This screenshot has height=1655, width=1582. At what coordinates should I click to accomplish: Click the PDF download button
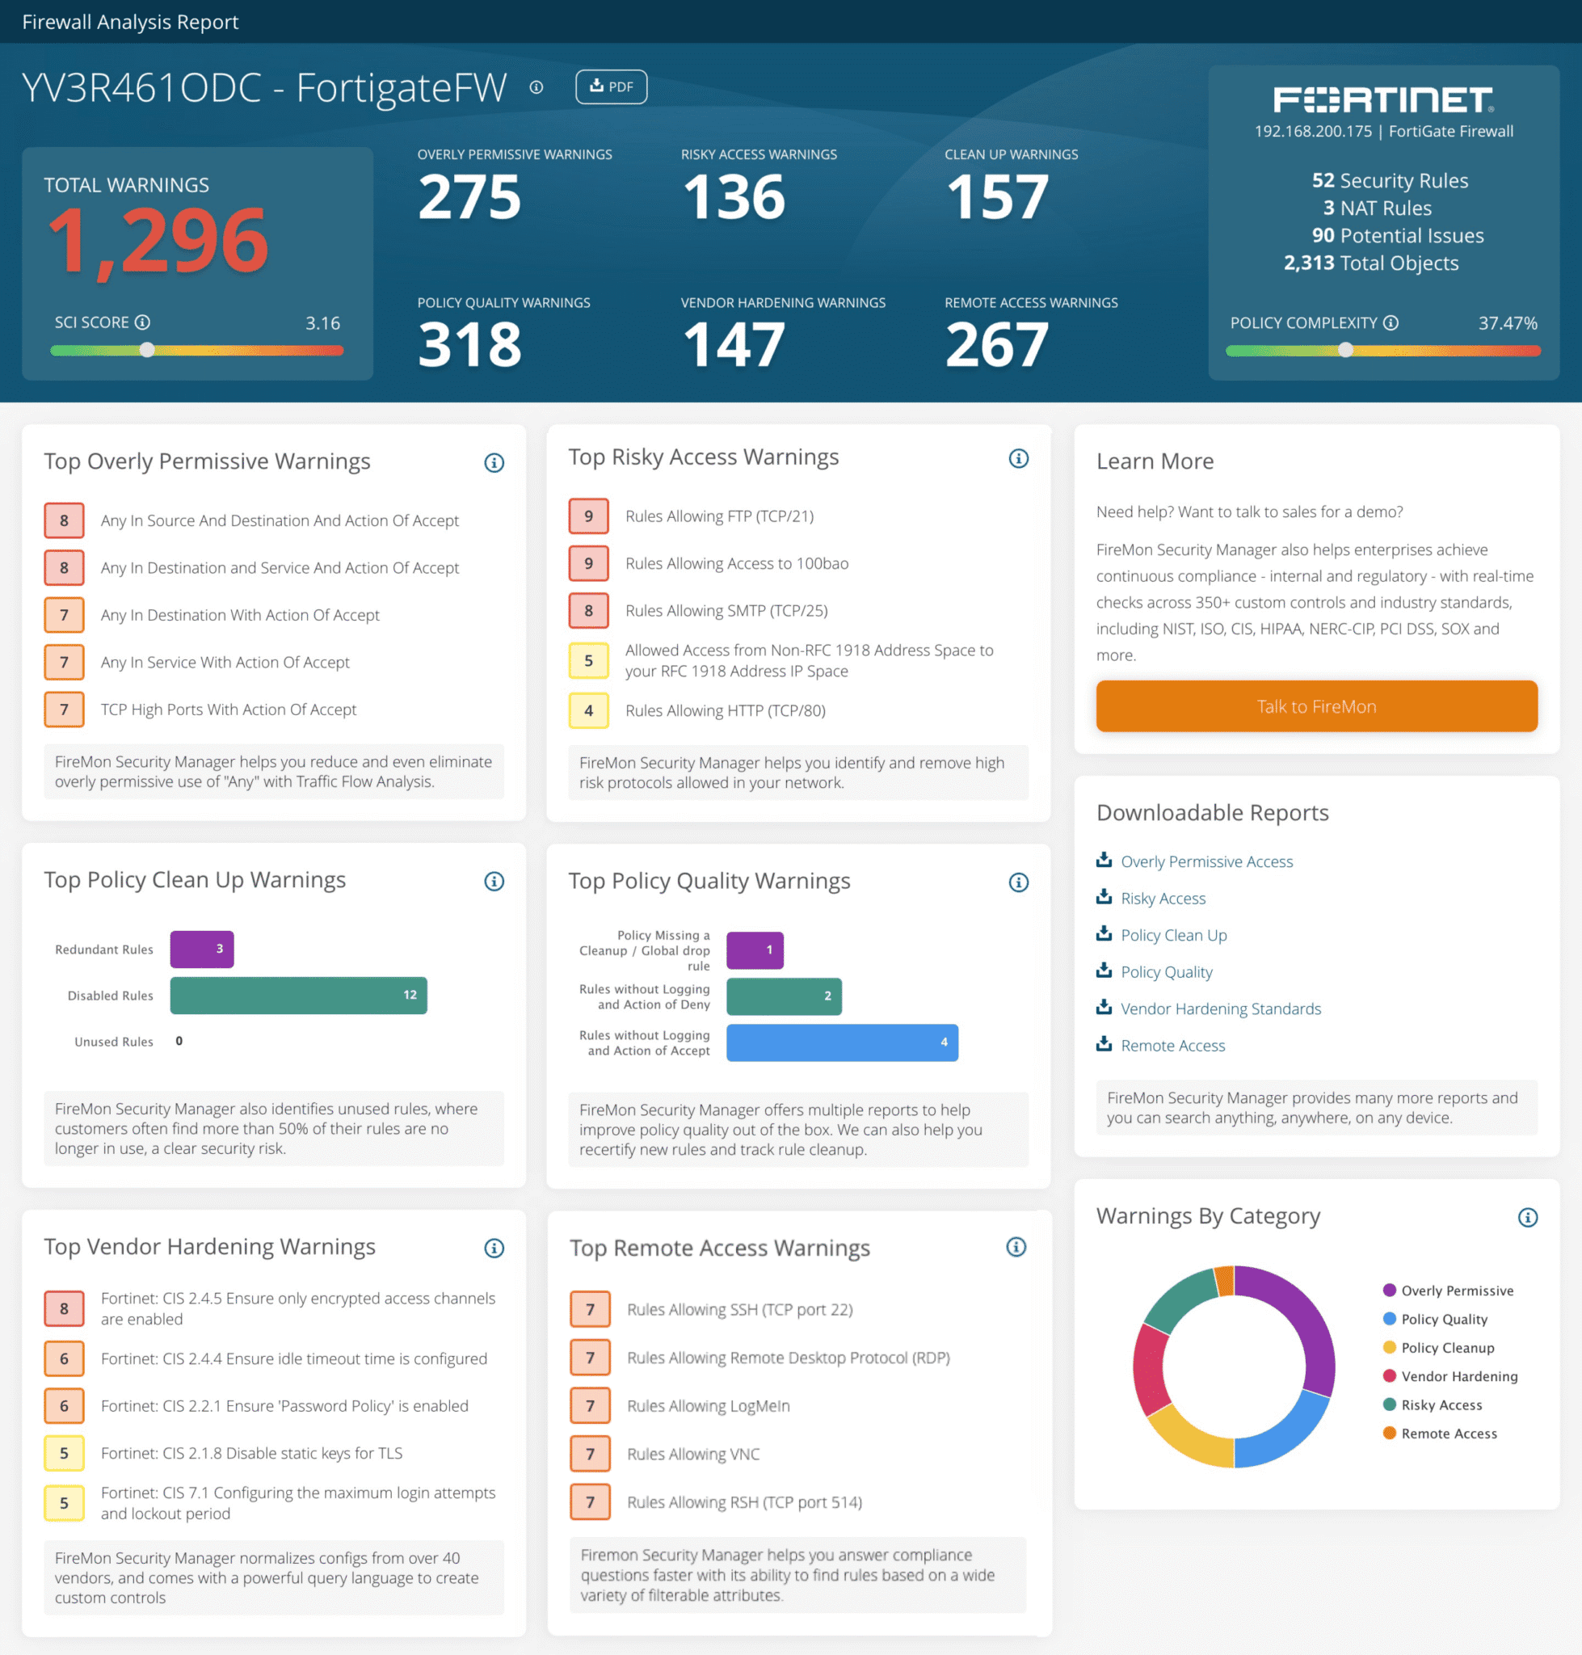611,87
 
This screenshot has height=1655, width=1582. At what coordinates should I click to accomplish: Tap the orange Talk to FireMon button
1315,706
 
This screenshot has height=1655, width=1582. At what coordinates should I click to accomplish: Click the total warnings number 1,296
158,242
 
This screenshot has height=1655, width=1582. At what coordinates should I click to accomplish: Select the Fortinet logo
1383,99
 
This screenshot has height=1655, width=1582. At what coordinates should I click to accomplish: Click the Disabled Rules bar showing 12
298,996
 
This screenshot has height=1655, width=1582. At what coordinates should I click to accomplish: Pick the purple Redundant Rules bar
201,949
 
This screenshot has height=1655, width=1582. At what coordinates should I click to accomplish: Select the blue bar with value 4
842,1042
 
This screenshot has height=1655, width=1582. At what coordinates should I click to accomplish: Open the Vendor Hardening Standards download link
1220,1009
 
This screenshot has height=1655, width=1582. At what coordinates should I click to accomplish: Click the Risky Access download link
1163,899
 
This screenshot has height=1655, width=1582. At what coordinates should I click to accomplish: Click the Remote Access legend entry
1449,1433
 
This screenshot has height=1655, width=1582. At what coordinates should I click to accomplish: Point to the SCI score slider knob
148,350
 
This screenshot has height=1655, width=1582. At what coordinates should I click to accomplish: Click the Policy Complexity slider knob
1346,350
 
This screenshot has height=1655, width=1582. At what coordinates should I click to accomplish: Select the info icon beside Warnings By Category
1527,1217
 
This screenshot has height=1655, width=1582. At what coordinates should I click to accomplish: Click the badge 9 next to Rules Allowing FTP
589,516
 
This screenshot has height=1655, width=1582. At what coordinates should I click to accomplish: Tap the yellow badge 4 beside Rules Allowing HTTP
589,711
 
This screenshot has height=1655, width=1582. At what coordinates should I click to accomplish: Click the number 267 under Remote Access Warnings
997,345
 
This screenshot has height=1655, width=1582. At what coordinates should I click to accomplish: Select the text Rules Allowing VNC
693,1455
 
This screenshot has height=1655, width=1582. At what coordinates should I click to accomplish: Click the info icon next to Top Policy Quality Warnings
1018,882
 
